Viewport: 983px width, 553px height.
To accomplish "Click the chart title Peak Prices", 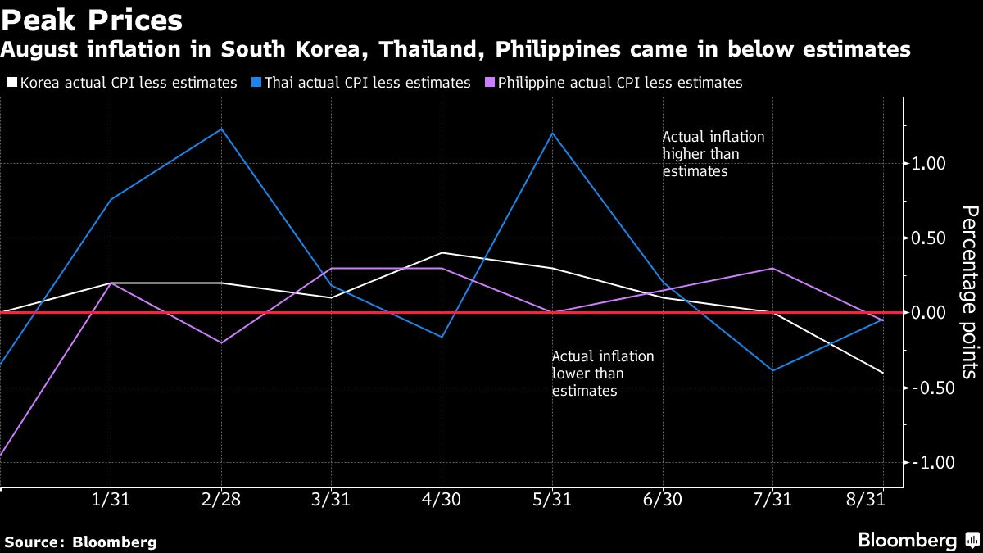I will tap(91, 19).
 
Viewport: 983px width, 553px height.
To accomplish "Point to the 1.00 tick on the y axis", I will tap(929, 164).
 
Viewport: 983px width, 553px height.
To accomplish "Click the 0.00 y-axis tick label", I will tap(929, 313).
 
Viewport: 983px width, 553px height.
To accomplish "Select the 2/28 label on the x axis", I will tap(221, 501).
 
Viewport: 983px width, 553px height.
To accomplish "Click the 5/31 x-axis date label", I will tap(552, 501).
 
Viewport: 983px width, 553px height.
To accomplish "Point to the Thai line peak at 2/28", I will tap(221, 129).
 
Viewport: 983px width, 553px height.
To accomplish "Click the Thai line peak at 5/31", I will tap(553, 133).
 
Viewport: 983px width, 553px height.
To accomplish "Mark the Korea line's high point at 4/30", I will tap(442, 252).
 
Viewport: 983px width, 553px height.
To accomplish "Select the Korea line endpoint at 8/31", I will tap(883, 373).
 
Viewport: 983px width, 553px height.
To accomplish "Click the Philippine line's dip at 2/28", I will tap(221, 342).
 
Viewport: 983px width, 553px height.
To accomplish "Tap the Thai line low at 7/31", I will tap(773, 370).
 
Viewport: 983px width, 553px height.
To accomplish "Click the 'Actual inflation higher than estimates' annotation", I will tap(713, 155).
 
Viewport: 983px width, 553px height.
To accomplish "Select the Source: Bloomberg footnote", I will tap(80, 542).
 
